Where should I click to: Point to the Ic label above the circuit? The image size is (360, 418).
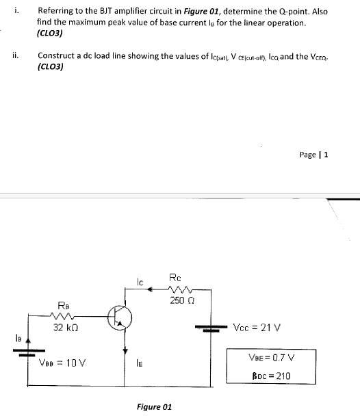tap(140, 280)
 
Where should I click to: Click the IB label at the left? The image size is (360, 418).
tap(14, 337)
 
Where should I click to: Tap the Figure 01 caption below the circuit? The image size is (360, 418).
tap(154, 407)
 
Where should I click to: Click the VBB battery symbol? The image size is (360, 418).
tap(27, 354)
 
